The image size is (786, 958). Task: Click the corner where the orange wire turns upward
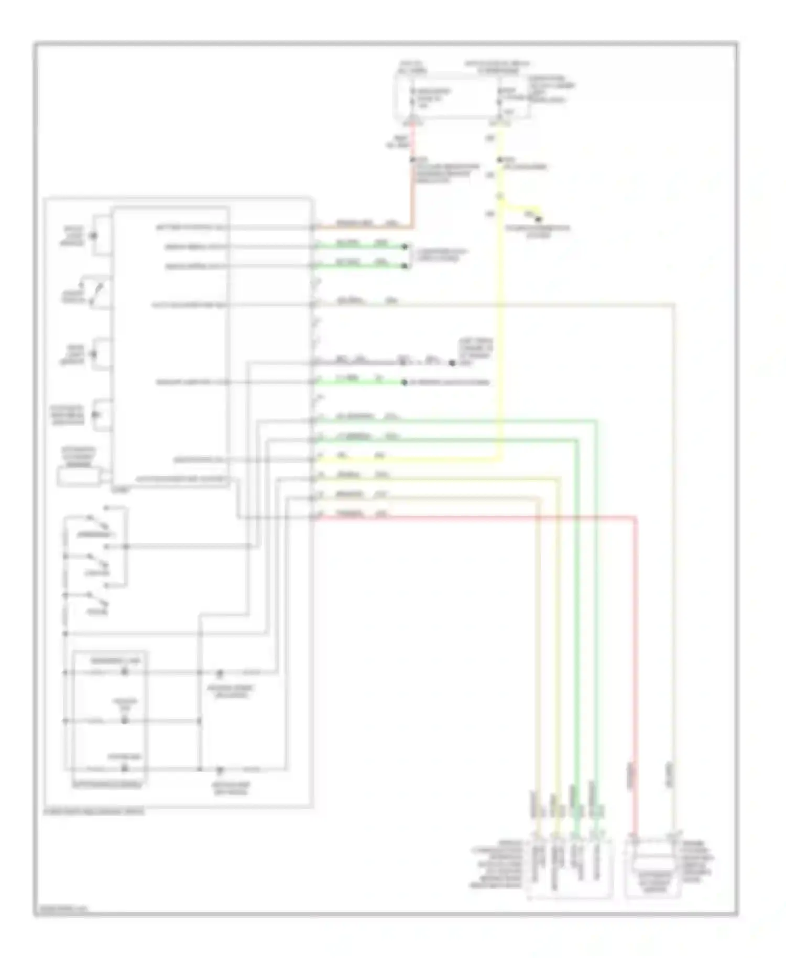coord(413,227)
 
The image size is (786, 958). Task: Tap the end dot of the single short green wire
coord(404,382)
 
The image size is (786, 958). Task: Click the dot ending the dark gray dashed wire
coord(452,363)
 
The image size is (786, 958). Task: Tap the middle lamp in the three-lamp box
coord(125,721)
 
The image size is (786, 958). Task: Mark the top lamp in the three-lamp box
coord(125,672)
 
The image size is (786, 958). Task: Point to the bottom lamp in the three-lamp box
coord(125,769)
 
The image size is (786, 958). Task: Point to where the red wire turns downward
coord(636,518)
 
